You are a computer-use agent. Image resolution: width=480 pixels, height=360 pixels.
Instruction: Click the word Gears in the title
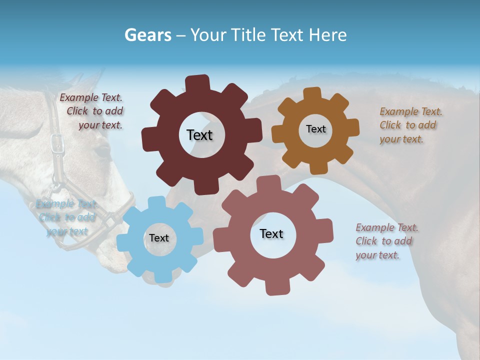click(x=148, y=35)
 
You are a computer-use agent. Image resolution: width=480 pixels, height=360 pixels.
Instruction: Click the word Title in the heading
click(x=247, y=35)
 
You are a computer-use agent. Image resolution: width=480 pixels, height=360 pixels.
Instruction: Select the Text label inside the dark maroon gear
click(x=199, y=135)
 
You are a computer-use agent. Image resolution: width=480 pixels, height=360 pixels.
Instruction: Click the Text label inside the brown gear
click(x=315, y=129)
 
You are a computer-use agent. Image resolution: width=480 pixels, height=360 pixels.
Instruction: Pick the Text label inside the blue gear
click(x=159, y=238)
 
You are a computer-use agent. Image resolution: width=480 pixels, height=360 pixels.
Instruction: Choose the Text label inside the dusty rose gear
click(x=271, y=234)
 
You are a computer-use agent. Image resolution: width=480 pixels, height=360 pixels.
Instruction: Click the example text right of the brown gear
click(x=410, y=125)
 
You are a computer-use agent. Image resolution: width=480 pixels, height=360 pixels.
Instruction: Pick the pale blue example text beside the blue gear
click(x=66, y=217)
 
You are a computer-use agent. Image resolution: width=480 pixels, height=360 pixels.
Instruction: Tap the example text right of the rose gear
click(x=386, y=241)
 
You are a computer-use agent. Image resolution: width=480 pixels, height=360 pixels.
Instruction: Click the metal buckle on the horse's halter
click(x=58, y=143)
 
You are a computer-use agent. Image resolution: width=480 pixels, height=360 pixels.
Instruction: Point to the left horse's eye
click(x=102, y=150)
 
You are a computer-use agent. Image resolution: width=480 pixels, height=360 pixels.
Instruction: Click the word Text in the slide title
click(x=287, y=35)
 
